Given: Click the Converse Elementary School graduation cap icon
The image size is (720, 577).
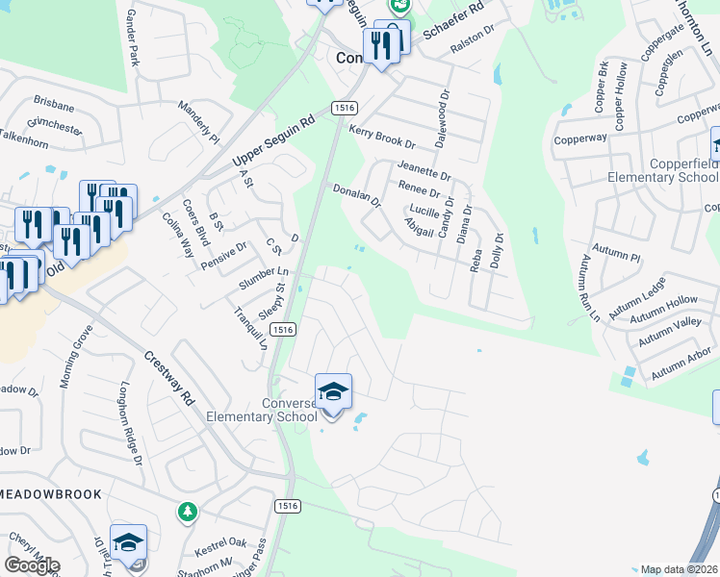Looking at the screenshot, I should click(333, 391).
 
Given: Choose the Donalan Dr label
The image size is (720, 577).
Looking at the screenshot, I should click(357, 196).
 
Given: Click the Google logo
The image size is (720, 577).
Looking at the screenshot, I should click(32, 565).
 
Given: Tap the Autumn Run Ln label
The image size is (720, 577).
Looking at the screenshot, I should click(589, 288).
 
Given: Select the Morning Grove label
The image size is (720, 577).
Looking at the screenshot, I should click(76, 356).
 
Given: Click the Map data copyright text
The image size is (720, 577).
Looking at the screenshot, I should click(680, 569).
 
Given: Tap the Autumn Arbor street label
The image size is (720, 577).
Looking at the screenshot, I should click(681, 366).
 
